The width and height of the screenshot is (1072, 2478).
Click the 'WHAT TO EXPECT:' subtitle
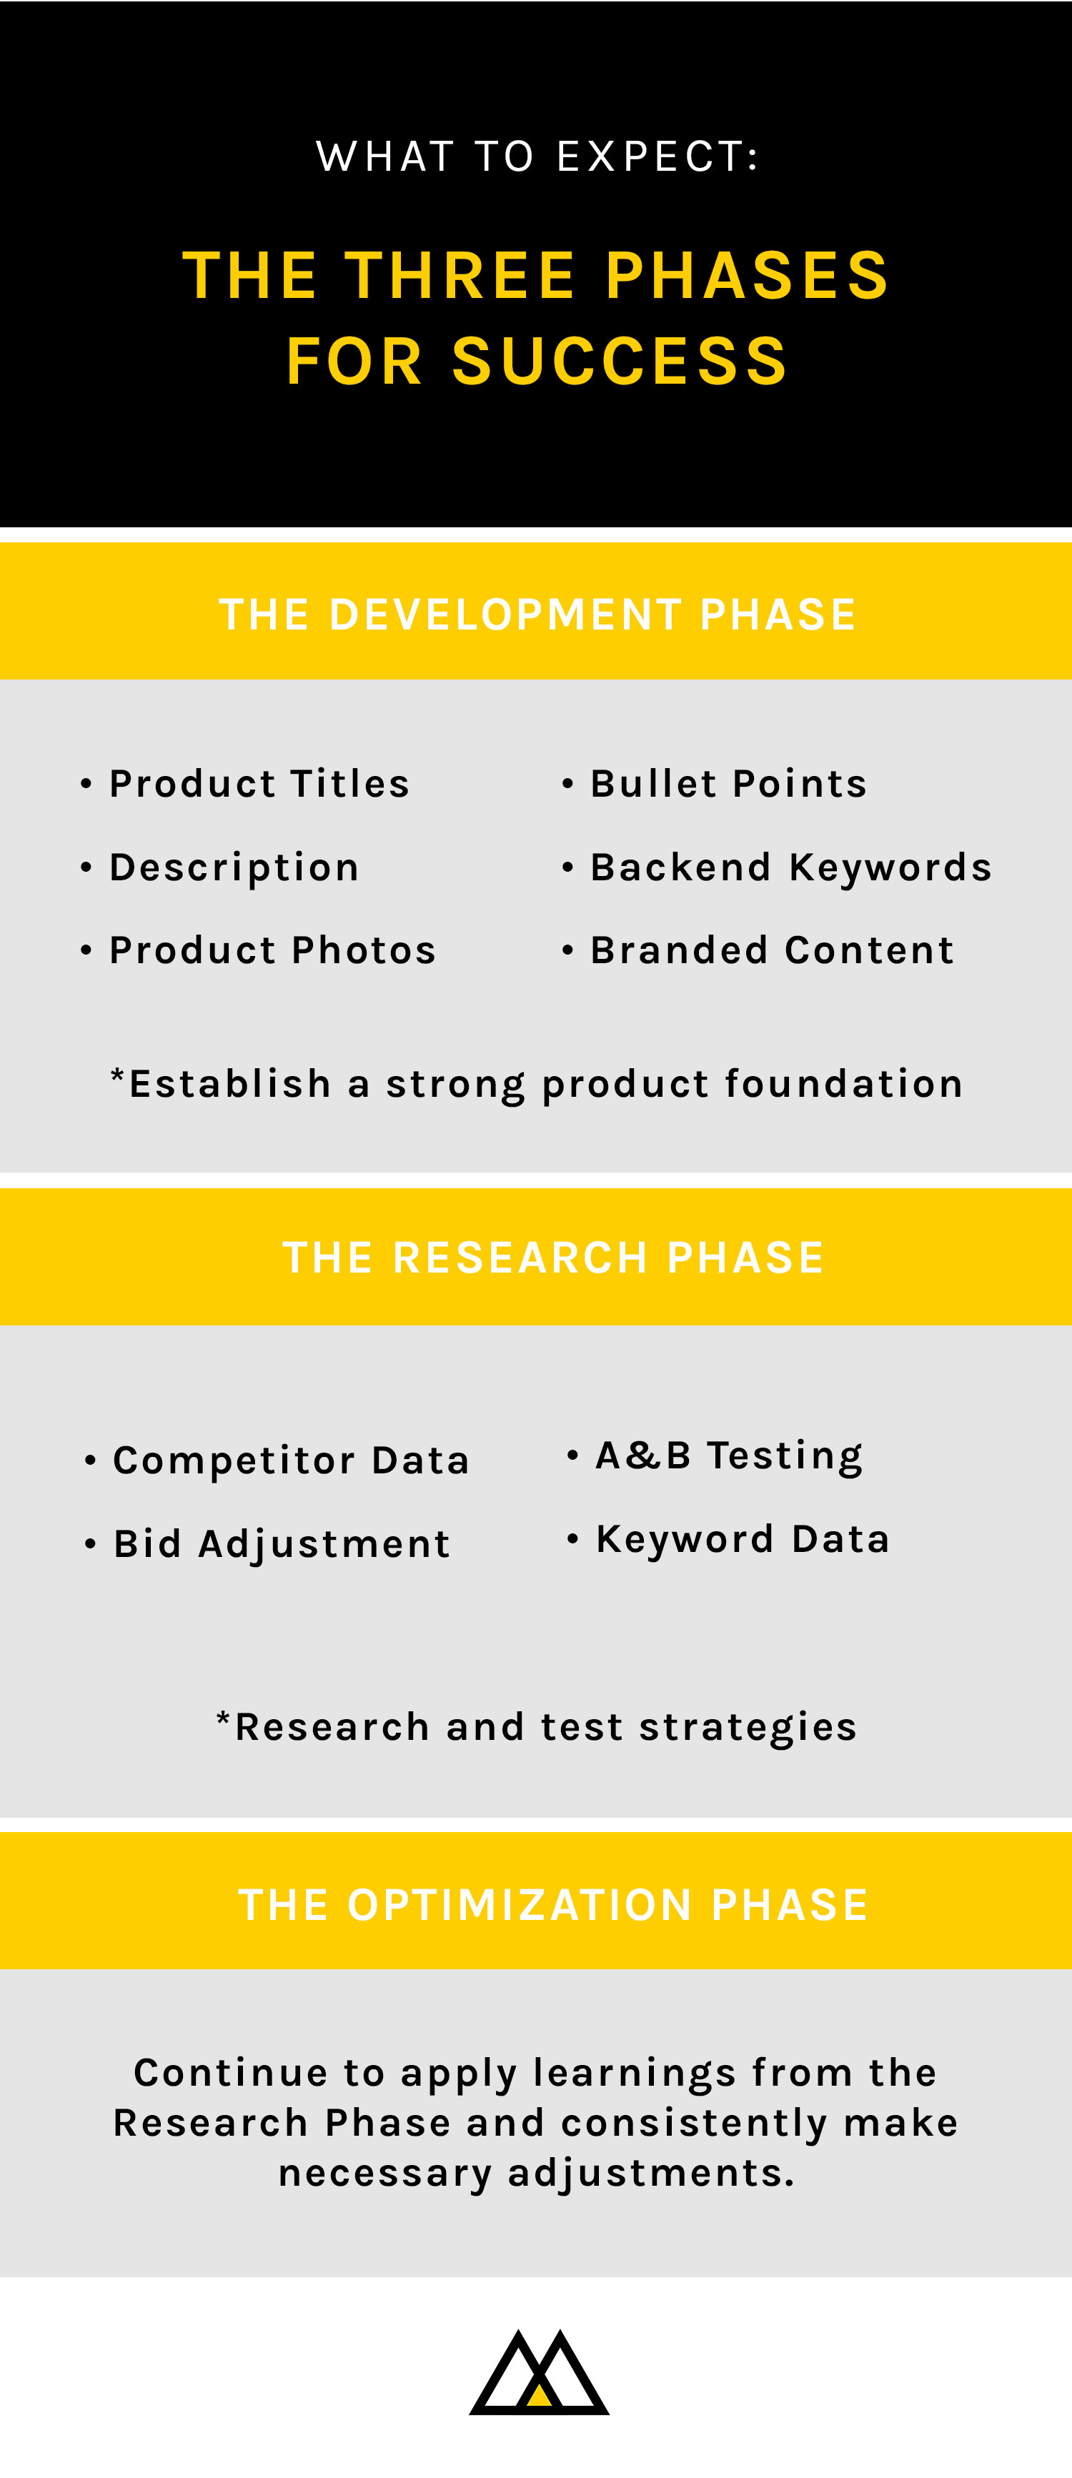point(537,156)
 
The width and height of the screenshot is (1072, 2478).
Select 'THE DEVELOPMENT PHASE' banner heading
point(537,614)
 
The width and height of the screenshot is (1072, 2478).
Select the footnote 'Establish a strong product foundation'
point(537,1084)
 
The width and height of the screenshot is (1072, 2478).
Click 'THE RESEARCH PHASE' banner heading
point(553,1258)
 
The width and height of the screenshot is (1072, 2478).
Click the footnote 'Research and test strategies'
point(537,1728)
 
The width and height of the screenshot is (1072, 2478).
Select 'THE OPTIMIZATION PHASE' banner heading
point(553,1905)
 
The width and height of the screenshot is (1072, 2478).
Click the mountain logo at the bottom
point(539,2372)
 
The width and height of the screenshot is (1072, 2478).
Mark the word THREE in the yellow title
point(461,276)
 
